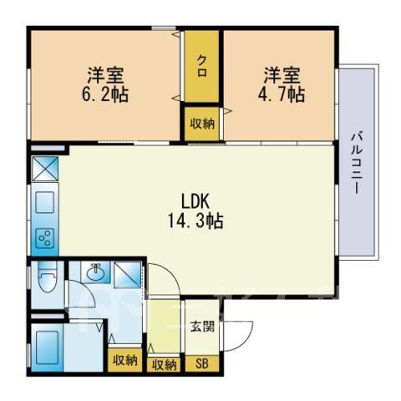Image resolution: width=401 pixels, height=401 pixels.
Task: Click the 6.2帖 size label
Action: coord(105,95)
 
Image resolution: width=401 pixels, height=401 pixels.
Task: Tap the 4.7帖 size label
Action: coord(281,95)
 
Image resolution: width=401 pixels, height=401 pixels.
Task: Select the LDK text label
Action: coord(195,201)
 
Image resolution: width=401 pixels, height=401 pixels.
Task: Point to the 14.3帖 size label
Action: coord(195,221)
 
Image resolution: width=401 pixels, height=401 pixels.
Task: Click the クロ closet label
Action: coord(202,66)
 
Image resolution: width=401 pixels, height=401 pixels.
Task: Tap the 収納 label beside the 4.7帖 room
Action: coord(202,124)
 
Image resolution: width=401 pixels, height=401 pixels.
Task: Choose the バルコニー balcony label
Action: coord(357,164)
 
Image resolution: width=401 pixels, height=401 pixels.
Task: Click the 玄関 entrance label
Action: coord(202,327)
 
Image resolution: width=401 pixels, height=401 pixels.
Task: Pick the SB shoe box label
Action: coord(202,363)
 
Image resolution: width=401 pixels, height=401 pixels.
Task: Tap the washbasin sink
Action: coord(96,272)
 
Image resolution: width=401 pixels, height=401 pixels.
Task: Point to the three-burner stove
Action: coord(46,238)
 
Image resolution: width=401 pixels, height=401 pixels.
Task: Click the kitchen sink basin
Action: coord(46,202)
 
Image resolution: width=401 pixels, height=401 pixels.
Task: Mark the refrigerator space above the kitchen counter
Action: coord(45,169)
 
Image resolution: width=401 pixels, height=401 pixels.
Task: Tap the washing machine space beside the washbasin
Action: coord(128,275)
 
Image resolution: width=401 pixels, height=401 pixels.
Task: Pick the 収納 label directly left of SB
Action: coord(164,365)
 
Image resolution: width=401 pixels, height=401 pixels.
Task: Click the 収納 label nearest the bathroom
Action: coord(125,361)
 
